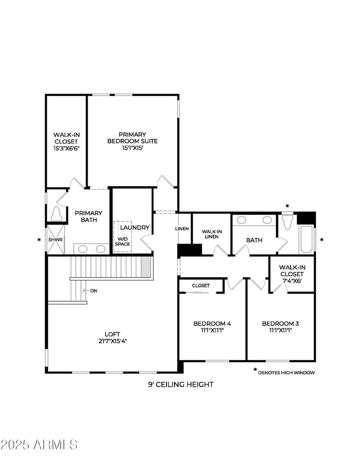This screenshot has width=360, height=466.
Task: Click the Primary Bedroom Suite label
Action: pyautogui.click(x=132, y=138)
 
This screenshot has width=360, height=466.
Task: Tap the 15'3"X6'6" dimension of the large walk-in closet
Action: pyautogui.click(x=67, y=148)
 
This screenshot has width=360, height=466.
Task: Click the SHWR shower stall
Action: pyautogui.click(x=56, y=240)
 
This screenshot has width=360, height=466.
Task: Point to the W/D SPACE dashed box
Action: pyautogui.click(x=123, y=236)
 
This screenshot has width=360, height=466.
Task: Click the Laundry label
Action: pyautogui.click(x=135, y=227)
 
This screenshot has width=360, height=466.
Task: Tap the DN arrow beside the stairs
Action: pyautogui.click(x=86, y=291)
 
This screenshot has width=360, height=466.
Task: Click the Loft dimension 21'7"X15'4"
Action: pyautogui.click(x=112, y=341)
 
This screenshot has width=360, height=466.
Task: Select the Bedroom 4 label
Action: pyautogui.click(x=212, y=323)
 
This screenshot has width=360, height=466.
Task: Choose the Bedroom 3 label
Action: pyautogui.click(x=280, y=323)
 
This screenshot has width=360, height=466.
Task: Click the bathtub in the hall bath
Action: pyautogui.click(x=306, y=240)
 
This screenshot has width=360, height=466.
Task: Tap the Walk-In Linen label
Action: pyautogui.click(x=212, y=234)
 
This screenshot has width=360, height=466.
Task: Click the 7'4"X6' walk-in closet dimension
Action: pyautogui.click(x=292, y=281)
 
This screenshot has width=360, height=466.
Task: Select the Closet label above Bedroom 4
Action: pyautogui.click(x=201, y=285)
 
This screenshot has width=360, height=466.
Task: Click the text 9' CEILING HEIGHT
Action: pyautogui.click(x=180, y=384)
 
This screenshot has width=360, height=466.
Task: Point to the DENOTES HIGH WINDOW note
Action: pyautogui.click(x=286, y=373)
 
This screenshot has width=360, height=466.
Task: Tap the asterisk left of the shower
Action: pyautogui.click(x=39, y=240)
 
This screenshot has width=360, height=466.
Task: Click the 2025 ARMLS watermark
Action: pyautogui.click(x=39, y=444)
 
